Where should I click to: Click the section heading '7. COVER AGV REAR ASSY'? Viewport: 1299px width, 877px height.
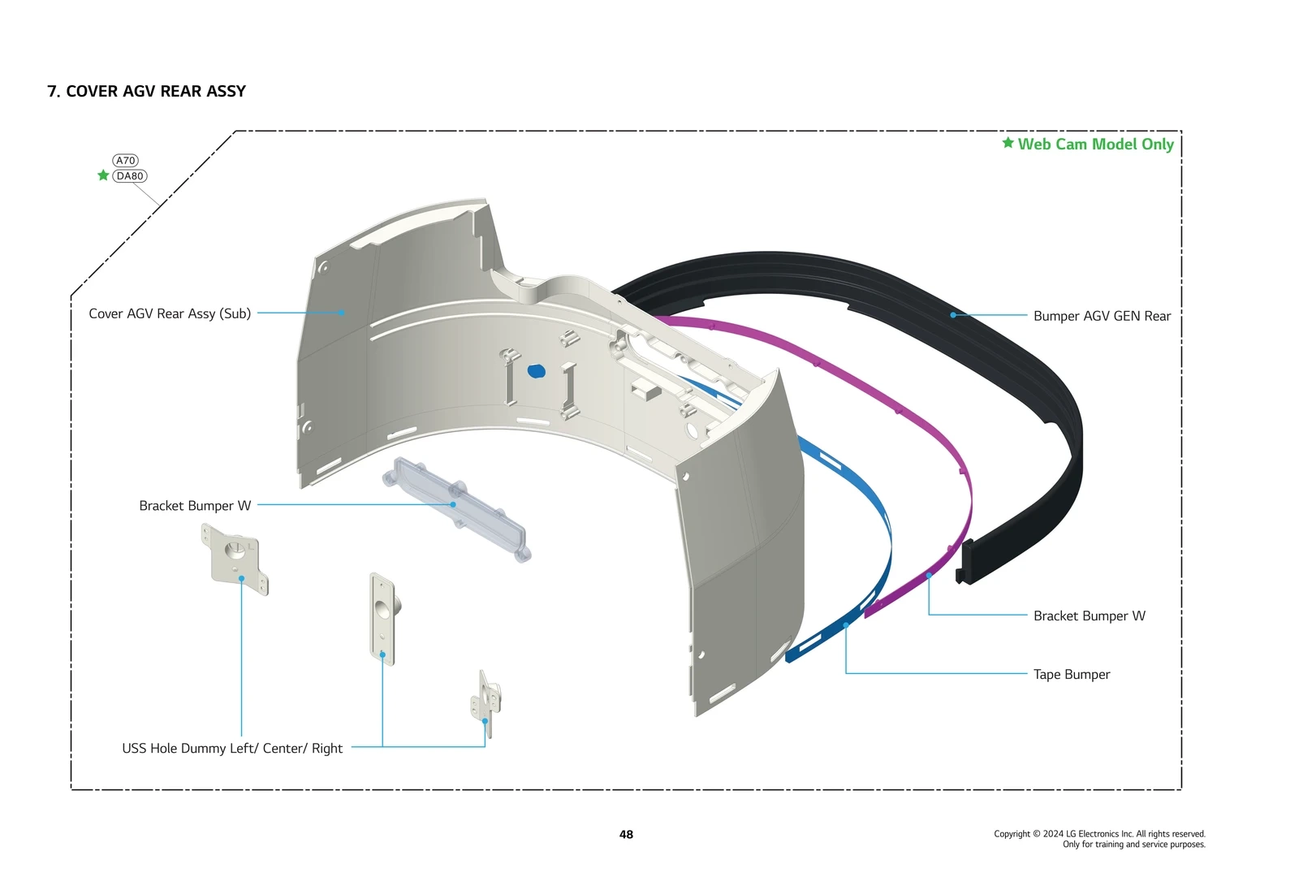[x=146, y=91]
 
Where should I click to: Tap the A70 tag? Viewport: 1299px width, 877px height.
[x=125, y=161]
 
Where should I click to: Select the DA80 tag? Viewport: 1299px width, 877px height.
[x=130, y=175]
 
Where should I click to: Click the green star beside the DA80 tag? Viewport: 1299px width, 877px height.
[x=103, y=175]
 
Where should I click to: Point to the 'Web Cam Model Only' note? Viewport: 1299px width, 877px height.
[x=1095, y=145]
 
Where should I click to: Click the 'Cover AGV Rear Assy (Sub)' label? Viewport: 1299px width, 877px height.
[x=170, y=313]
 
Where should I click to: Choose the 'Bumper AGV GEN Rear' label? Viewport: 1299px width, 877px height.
[x=1102, y=316]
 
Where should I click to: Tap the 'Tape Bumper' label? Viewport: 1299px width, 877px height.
[x=1071, y=674]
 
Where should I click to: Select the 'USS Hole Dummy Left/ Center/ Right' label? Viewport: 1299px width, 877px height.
[x=232, y=748]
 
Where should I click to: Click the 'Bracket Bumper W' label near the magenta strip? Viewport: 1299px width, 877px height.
[x=1089, y=616]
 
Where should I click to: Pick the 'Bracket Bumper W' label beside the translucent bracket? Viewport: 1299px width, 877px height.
[x=195, y=505]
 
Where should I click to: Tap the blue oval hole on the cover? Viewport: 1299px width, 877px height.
[x=537, y=371]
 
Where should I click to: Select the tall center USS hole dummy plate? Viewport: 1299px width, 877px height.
[x=382, y=617]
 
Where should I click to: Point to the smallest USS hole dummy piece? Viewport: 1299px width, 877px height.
[x=486, y=702]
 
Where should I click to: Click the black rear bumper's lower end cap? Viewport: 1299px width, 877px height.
[x=967, y=560]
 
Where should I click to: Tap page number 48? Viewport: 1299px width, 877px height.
[x=626, y=834]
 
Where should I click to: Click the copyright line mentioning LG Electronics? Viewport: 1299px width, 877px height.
[x=1099, y=833]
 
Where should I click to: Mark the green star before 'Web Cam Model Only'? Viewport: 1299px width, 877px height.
[x=1008, y=143]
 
